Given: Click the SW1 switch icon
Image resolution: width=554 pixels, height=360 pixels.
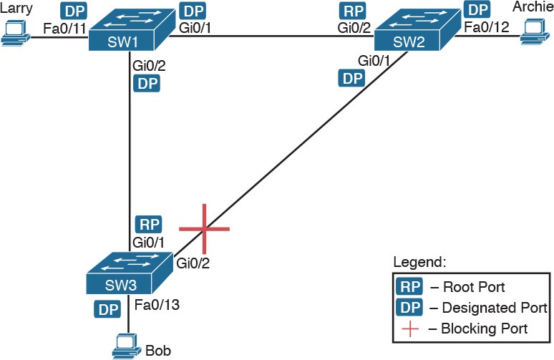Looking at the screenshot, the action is [x=132, y=29].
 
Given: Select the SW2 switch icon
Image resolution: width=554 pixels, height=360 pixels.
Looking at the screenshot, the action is [x=417, y=29].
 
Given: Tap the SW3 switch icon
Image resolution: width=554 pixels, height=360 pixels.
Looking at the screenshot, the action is [x=130, y=273].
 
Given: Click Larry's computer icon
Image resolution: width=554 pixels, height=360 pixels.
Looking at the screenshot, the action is [x=16, y=33].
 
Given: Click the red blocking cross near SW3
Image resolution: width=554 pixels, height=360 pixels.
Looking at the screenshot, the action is [x=204, y=229].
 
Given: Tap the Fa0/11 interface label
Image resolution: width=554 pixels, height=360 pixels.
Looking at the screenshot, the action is [x=64, y=28].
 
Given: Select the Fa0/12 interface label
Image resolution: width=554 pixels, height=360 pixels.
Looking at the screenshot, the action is [x=487, y=27].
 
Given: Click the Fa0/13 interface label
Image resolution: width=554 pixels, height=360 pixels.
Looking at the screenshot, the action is [x=157, y=305].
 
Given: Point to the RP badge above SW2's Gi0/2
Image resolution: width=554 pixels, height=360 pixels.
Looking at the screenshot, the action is [x=353, y=11].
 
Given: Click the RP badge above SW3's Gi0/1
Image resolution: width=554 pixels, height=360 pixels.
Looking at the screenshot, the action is [x=149, y=224].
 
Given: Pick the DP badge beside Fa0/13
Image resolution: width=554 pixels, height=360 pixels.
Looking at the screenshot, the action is [x=107, y=309].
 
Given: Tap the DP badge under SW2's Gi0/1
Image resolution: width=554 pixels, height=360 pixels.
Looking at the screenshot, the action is [x=352, y=78].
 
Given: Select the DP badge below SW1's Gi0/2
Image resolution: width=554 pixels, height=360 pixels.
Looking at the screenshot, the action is [x=147, y=84].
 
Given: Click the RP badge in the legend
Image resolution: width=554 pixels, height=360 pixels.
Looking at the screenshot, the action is [x=409, y=287].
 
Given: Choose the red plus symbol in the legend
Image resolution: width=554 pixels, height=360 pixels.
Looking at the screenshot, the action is [x=410, y=329].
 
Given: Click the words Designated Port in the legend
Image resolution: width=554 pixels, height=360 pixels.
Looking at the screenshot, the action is [x=495, y=308].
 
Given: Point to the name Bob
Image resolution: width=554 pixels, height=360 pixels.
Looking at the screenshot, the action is [x=158, y=351].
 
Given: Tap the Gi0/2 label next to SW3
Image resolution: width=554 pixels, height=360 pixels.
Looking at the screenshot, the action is [x=193, y=263].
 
